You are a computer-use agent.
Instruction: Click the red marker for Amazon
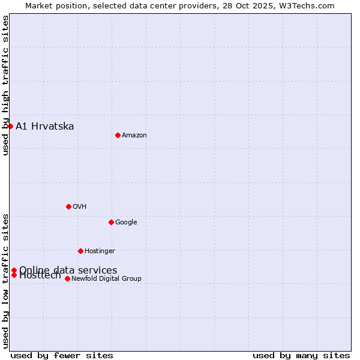[118, 135]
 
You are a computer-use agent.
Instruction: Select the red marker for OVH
[68, 206]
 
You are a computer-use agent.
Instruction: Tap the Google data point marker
[111, 222]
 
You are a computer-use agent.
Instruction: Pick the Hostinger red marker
[80, 251]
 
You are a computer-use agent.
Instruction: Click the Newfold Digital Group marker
[67, 278]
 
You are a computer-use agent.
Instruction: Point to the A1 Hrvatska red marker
[10, 126]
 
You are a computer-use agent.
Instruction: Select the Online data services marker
[14, 270]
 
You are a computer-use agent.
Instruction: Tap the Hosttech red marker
[14, 275]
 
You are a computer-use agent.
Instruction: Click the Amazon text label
[134, 136]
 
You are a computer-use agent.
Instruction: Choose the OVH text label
[80, 207]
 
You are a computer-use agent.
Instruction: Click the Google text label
[126, 223]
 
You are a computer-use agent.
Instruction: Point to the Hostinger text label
[100, 251]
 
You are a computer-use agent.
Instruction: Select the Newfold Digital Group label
[107, 279]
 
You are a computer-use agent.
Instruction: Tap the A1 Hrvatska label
[45, 126]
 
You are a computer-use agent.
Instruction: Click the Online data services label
[68, 270]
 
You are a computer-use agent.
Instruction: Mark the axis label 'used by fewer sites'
[62, 355]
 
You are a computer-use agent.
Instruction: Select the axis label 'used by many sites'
[301, 355]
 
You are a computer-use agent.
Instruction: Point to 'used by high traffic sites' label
[6, 85]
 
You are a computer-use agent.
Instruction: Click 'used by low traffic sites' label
[6, 280]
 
